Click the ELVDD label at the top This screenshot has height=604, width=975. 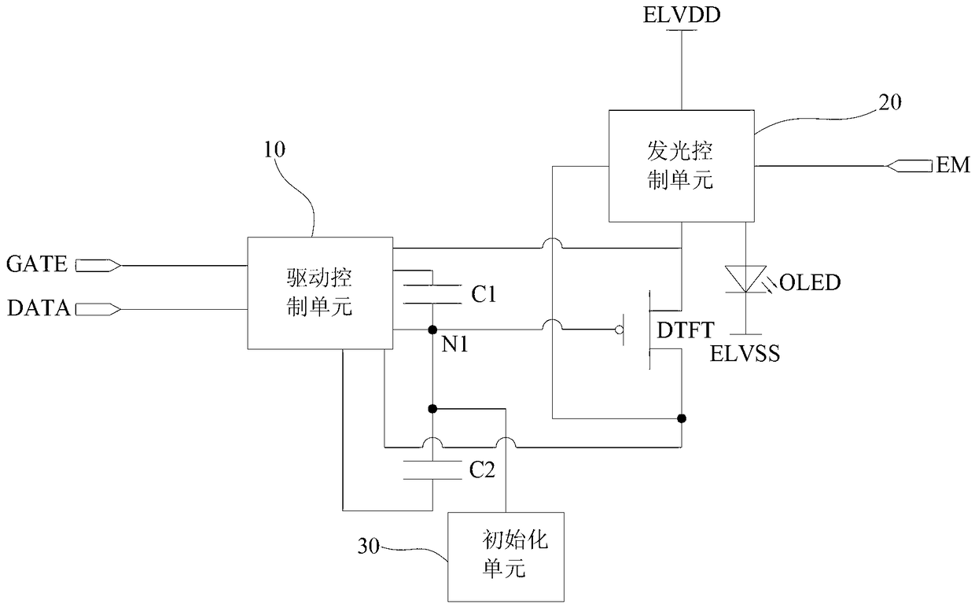(682, 15)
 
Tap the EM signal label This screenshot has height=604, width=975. (953, 165)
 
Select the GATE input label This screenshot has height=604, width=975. (37, 264)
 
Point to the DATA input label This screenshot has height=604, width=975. (39, 308)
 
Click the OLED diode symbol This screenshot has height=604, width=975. (745, 279)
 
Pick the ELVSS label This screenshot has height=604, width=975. (745, 353)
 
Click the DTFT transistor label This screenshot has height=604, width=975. (686, 330)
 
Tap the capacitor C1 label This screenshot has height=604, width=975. (484, 294)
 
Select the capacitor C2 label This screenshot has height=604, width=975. (482, 470)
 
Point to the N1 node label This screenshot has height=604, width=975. (454, 344)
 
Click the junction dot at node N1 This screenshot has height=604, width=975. (432, 330)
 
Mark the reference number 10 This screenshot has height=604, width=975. (274, 149)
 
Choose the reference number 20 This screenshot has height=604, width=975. (890, 102)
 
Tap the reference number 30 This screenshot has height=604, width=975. (369, 546)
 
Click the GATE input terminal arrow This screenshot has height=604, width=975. (98, 265)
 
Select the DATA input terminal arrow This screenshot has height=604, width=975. (98, 310)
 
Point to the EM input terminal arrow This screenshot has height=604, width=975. (909, 166)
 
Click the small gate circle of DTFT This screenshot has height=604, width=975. (620, 330)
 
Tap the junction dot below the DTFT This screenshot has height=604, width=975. (682, 418)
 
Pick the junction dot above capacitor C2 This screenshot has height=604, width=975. (432, 408)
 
